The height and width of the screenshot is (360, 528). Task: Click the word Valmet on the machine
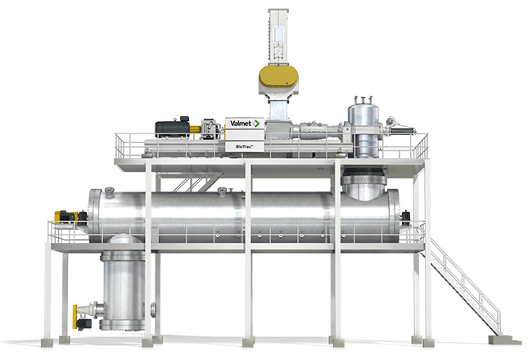pos(241,124)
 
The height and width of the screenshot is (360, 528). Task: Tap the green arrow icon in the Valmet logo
pos(256,124)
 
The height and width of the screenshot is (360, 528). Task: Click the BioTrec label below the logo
pos(245,146)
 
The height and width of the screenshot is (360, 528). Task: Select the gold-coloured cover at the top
pos(278,76)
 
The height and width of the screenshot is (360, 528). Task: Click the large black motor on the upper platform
pos(173,128)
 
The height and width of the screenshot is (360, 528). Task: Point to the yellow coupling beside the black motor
pos(195,129)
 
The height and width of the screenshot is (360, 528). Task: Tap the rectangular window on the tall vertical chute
pos(279,34)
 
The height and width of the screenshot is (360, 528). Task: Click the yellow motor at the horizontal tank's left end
pos(64,217)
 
